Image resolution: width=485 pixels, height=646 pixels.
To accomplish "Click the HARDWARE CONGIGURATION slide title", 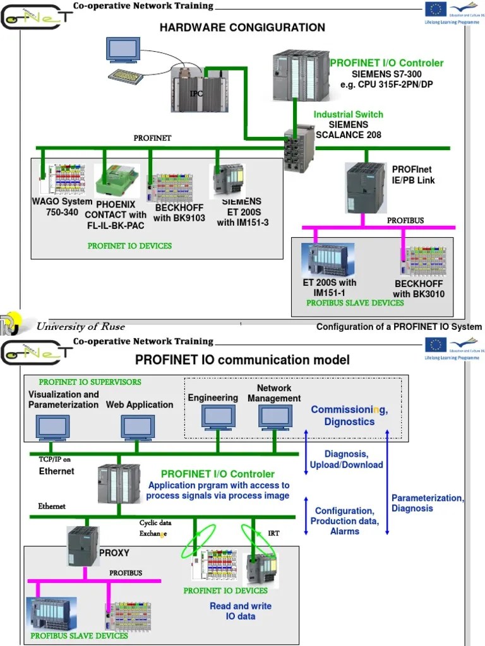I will pyautogui.click(x=242, y=28).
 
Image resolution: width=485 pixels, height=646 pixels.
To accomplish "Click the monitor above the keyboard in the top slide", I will pyautogui.click(x=124, y=50).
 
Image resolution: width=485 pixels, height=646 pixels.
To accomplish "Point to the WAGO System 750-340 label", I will pyautogui.click(x=61, y=207).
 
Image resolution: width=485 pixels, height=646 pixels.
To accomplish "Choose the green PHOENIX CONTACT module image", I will pyautogui.click(x=116, y=180).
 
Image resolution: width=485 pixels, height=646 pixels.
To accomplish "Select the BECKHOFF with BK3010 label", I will pyautogui.click(x=419, y=289).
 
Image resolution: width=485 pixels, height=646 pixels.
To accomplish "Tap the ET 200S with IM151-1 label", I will pyautogui.click(x=329, y=288).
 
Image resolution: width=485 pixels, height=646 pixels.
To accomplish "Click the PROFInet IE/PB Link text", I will pyautogui.click(x=413, y=175).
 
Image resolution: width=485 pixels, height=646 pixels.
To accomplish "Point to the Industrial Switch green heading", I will pyautogui.click(x=348, y=114).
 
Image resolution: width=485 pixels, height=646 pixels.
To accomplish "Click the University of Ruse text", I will pyautogui.click(x=80, y=326).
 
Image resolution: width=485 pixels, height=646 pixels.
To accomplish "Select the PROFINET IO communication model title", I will pyautogui.click(x=242, y=360).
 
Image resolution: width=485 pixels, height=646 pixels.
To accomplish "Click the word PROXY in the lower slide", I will pyautogui.click(x=114, y=553).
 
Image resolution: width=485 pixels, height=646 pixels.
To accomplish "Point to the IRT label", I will pyautogui.click(x=273, y=533).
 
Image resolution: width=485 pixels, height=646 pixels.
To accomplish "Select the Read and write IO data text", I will pyautogui.click(x=241, y=611).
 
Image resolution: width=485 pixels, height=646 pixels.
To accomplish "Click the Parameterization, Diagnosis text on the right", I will pyautogui.click(x=428, y=503).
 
